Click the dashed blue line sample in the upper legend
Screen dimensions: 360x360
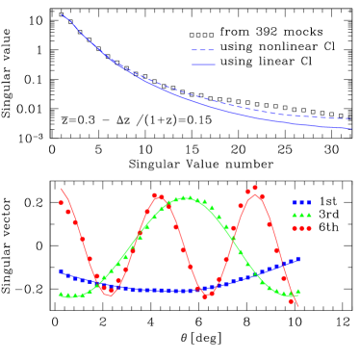coord(203,50)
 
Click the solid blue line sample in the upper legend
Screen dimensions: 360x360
coord(203,64)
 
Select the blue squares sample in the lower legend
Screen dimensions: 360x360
coord(302,203)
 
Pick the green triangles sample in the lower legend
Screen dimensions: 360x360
coord(302,216)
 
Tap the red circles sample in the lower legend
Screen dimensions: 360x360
coord(302,229)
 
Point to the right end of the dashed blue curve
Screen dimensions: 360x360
coord(349,118)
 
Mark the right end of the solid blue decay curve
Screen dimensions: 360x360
coord(349,128)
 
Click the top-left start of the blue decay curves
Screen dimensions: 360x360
coord(62,14)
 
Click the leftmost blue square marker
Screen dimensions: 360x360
coord(61,271)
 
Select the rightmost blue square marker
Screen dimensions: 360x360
coord(298,258)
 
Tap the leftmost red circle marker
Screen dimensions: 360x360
coord(61,202)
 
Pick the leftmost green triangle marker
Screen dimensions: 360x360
coord(61,295)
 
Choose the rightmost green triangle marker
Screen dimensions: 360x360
coord(298,291)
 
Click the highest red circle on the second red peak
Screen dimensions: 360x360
coord(255,188)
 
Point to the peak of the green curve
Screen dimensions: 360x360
coord(188,198)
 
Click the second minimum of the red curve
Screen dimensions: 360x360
coord(205,294)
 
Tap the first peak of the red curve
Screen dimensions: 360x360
coord(159,195)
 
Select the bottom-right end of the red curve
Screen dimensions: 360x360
coord(299,307)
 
